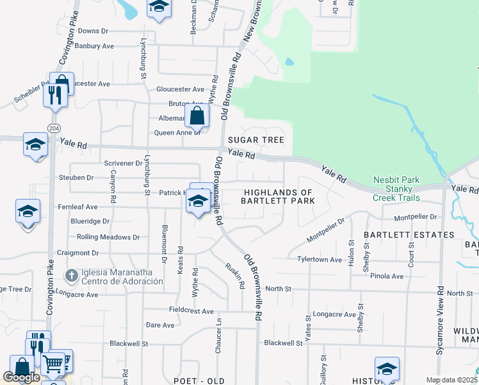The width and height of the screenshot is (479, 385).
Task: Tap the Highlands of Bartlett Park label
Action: pyautogui.click(x=278, y=196)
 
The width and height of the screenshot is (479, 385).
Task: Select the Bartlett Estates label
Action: pyautogui.click(x=400, y=235)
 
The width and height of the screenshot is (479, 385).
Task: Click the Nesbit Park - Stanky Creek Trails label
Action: pyautogui.click(x=396, y=189)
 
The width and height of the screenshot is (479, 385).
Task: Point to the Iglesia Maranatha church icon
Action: pyautogui.click(x=71, y=277)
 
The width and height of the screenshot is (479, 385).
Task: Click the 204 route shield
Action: pyautogui.click(x=54, y=128)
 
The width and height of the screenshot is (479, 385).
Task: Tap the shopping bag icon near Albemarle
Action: pyautogui.click(x=197, y=116)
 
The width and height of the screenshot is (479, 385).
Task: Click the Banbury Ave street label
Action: pyautogui.click(x=94, y=46)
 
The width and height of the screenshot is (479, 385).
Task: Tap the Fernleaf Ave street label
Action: pyautogui.click(x=77, y=207)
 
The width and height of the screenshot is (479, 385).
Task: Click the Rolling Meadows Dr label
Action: pyautogui.click(x=108, y=237)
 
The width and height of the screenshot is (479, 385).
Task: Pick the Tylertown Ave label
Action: pyautogui.click(x=320, y=259)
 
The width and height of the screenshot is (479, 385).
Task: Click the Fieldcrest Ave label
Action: pyautogui.click(x=190, y=311)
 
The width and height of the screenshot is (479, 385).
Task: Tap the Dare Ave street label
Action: pyautogui.click(x=160, y=325)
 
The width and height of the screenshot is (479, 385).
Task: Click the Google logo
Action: pyautogui.click(x=21, y=377)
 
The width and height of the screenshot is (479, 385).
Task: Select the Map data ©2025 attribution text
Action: pyautogui.click(x=451, y=380)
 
